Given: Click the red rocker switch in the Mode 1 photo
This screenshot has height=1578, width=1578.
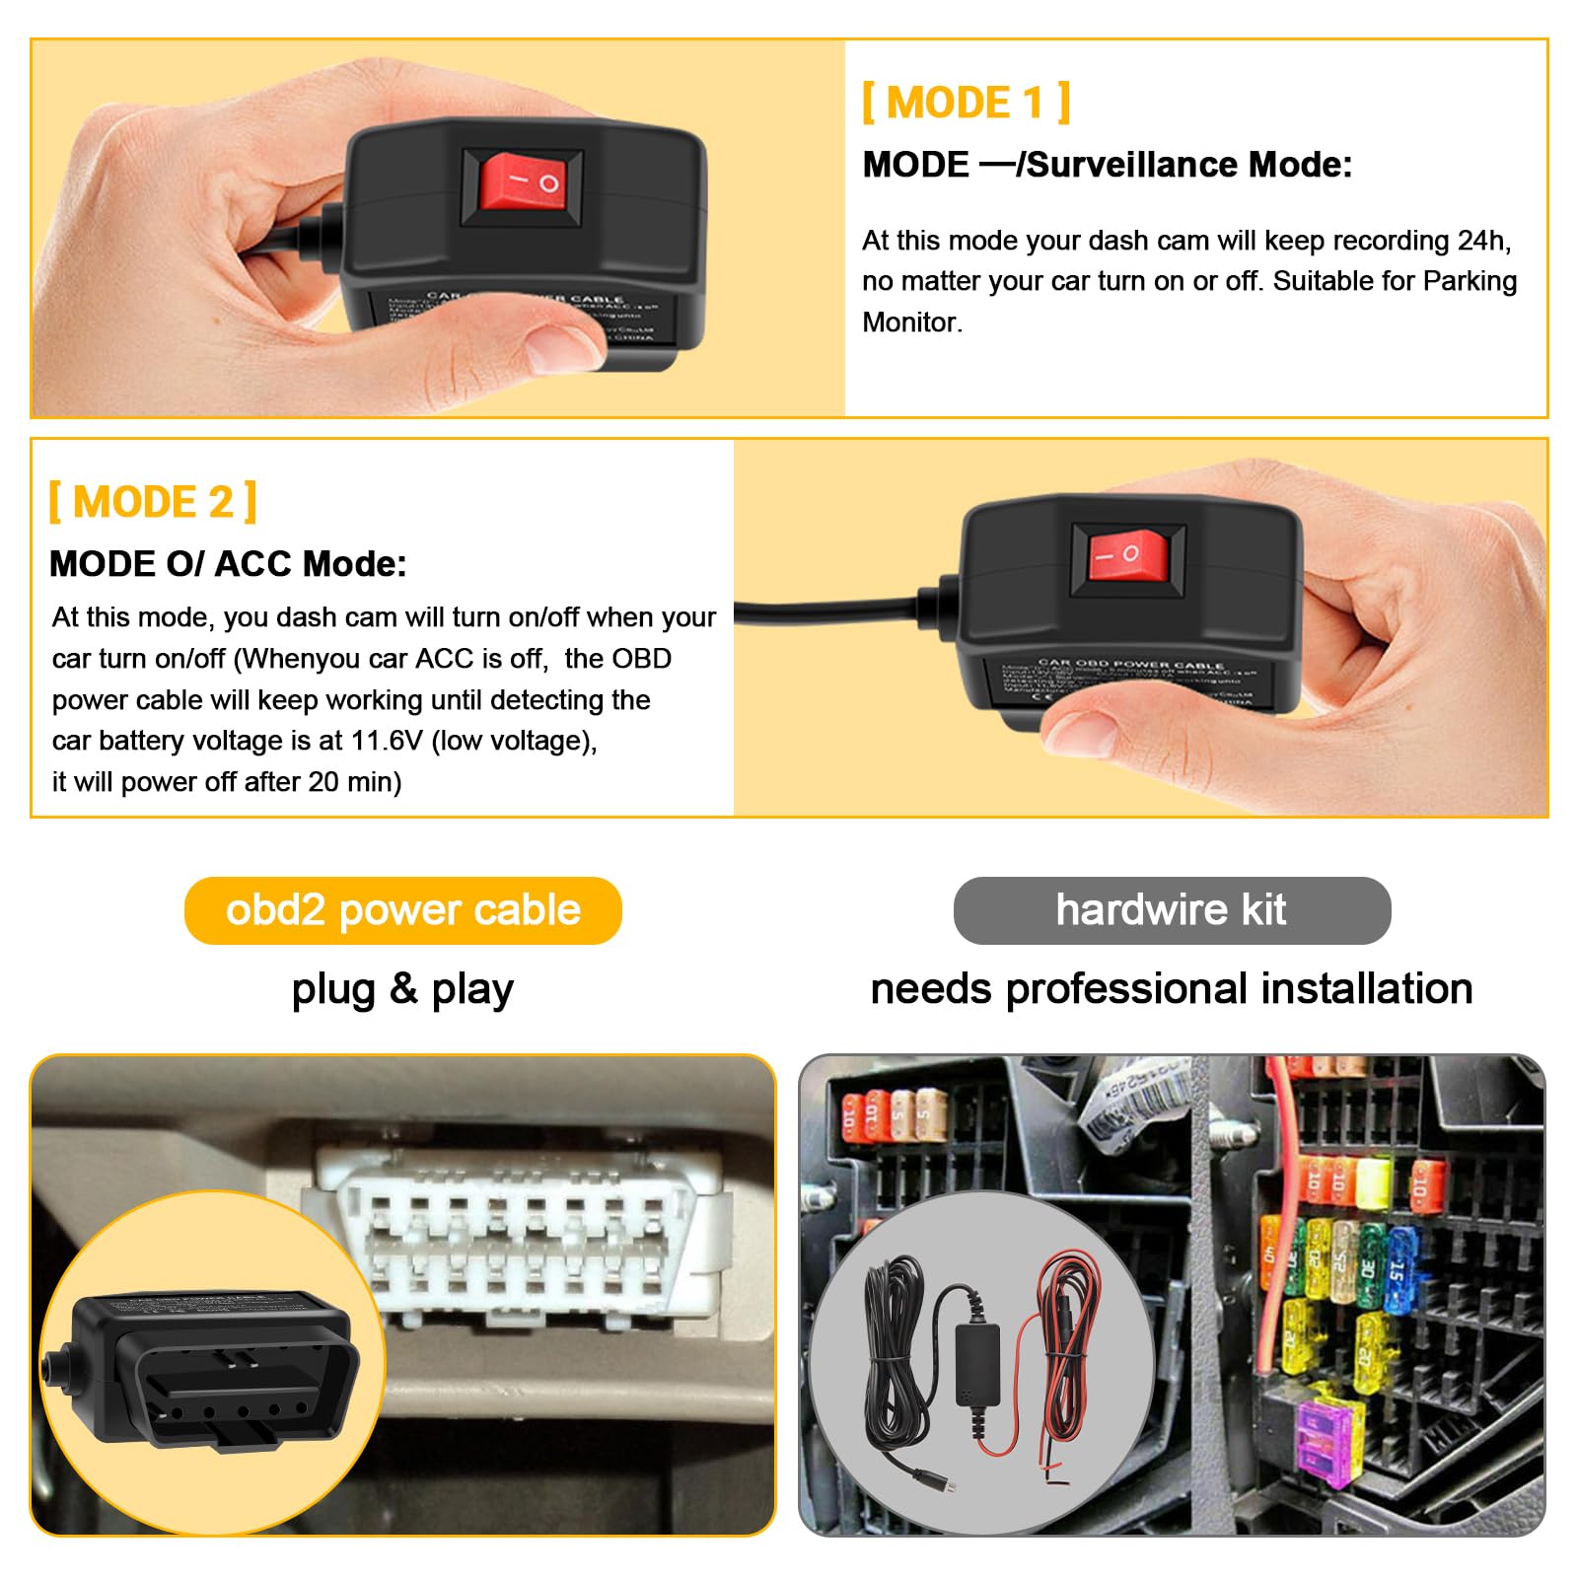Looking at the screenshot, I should (523, 183).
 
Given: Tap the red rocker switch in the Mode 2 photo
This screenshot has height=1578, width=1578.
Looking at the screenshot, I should (1127, 556).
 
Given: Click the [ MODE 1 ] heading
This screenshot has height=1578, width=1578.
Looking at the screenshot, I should (966, 103).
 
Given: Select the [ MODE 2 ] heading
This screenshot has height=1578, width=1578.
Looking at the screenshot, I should (153, 502).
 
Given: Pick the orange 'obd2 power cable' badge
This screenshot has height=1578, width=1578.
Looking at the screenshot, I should (402, 910).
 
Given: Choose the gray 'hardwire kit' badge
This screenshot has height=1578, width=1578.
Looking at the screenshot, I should (1172, 910).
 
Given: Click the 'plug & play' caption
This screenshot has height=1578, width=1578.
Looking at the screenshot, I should (402, 989).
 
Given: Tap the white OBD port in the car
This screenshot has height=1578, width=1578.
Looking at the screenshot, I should (513, 1233).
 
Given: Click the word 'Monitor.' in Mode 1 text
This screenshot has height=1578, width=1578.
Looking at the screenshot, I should (912, 323).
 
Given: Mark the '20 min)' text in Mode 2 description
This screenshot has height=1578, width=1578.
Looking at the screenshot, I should (354, 782).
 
